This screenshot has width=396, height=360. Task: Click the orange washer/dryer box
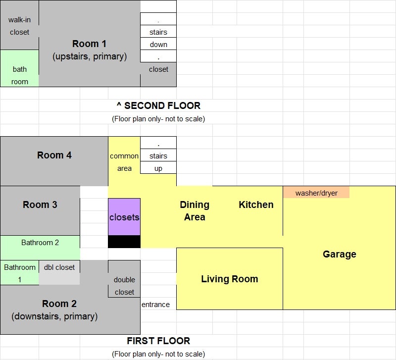click(x=316, y=192)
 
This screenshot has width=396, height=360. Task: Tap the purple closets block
click(x=124, y=217)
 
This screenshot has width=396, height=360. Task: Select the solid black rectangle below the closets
click(x=124, y=242)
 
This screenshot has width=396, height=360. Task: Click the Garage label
click(x=340, y=254)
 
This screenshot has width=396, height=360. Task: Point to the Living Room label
click(x=230, y=279)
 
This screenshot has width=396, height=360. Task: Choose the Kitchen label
click(x=256, y=205)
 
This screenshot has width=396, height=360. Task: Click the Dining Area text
click(x=195, y=210)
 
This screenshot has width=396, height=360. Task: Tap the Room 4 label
click(x=54, y=155)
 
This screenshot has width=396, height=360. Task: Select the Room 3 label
click(x=40, y=205)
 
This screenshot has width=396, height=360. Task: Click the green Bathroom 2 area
click(x=40, y=248)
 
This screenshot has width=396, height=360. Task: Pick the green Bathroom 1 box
click(x=20, y=272)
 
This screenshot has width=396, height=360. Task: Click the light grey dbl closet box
click(x=59, y=272)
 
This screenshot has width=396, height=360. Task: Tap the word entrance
click(x=155, y=305)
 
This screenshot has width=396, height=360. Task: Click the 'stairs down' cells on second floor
click(x=158, y=38)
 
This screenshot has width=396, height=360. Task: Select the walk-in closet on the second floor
click(x=19, y=25)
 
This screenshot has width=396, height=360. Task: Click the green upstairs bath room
click(x=19, y=68)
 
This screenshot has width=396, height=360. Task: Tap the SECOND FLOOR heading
click(x=158, y=105)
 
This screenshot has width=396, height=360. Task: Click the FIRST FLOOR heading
click(x=158, y=341)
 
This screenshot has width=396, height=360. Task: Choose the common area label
click(x=124, y=162)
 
